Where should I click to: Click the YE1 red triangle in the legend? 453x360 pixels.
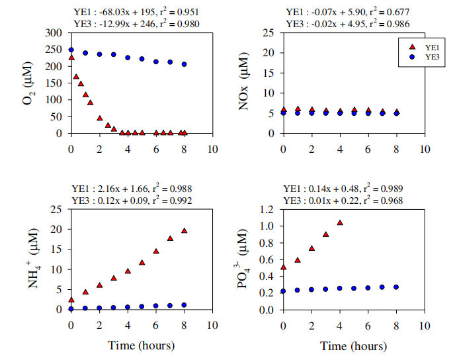point(412,46)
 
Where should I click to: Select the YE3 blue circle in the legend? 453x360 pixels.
point(412,57)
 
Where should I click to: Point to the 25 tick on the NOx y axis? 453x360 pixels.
point(270,32)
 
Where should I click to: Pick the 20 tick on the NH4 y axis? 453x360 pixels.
point(58,229)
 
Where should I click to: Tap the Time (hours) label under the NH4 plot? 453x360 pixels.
point(142,345)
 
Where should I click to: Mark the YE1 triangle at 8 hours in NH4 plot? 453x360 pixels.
point(185,231)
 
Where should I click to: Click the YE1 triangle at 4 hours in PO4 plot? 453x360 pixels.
point(340,223)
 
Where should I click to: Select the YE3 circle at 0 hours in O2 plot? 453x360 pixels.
point(71,50)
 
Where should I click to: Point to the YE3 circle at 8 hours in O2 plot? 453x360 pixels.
point(185,64)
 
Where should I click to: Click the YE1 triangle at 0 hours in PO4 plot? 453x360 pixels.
point(283,267)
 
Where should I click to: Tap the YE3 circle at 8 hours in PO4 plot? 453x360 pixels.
point(396,287)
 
